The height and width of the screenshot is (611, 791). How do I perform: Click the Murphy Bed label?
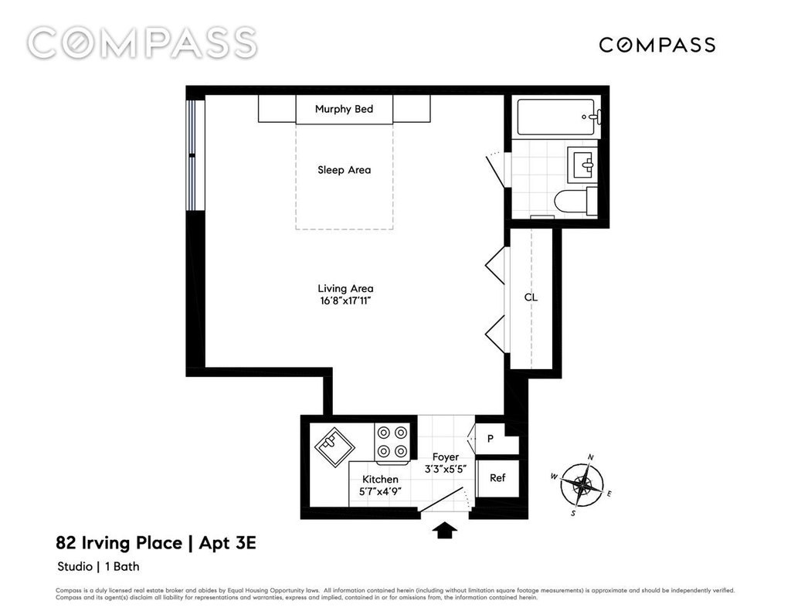point(344,109)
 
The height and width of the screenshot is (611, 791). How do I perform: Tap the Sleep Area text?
point(344,170)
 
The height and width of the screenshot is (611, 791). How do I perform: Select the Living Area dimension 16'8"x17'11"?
point(345,301)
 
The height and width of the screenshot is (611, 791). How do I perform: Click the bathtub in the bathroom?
point(556,117)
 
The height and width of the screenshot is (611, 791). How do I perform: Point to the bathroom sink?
point(582,165)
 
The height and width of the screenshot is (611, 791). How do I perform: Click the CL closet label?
point(531,297)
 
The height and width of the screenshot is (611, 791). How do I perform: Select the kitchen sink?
point(334,444)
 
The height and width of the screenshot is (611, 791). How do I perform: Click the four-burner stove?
point(392,442)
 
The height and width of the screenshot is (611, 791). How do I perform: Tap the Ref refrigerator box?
point(497,477)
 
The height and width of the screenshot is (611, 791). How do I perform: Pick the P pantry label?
point(490,439)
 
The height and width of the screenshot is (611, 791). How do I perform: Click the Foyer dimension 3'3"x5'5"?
point(446,468)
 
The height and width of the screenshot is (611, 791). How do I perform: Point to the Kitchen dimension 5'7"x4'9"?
point(380,491)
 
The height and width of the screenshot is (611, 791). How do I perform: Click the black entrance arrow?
point(445,531)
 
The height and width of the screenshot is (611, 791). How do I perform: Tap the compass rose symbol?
point(582,485)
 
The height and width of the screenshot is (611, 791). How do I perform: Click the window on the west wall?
point(192,155)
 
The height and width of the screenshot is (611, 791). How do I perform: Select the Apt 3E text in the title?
point(228,543)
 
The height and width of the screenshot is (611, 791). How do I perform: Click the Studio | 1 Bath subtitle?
point(98,567)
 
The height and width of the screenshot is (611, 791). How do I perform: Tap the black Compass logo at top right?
point(657,45)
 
